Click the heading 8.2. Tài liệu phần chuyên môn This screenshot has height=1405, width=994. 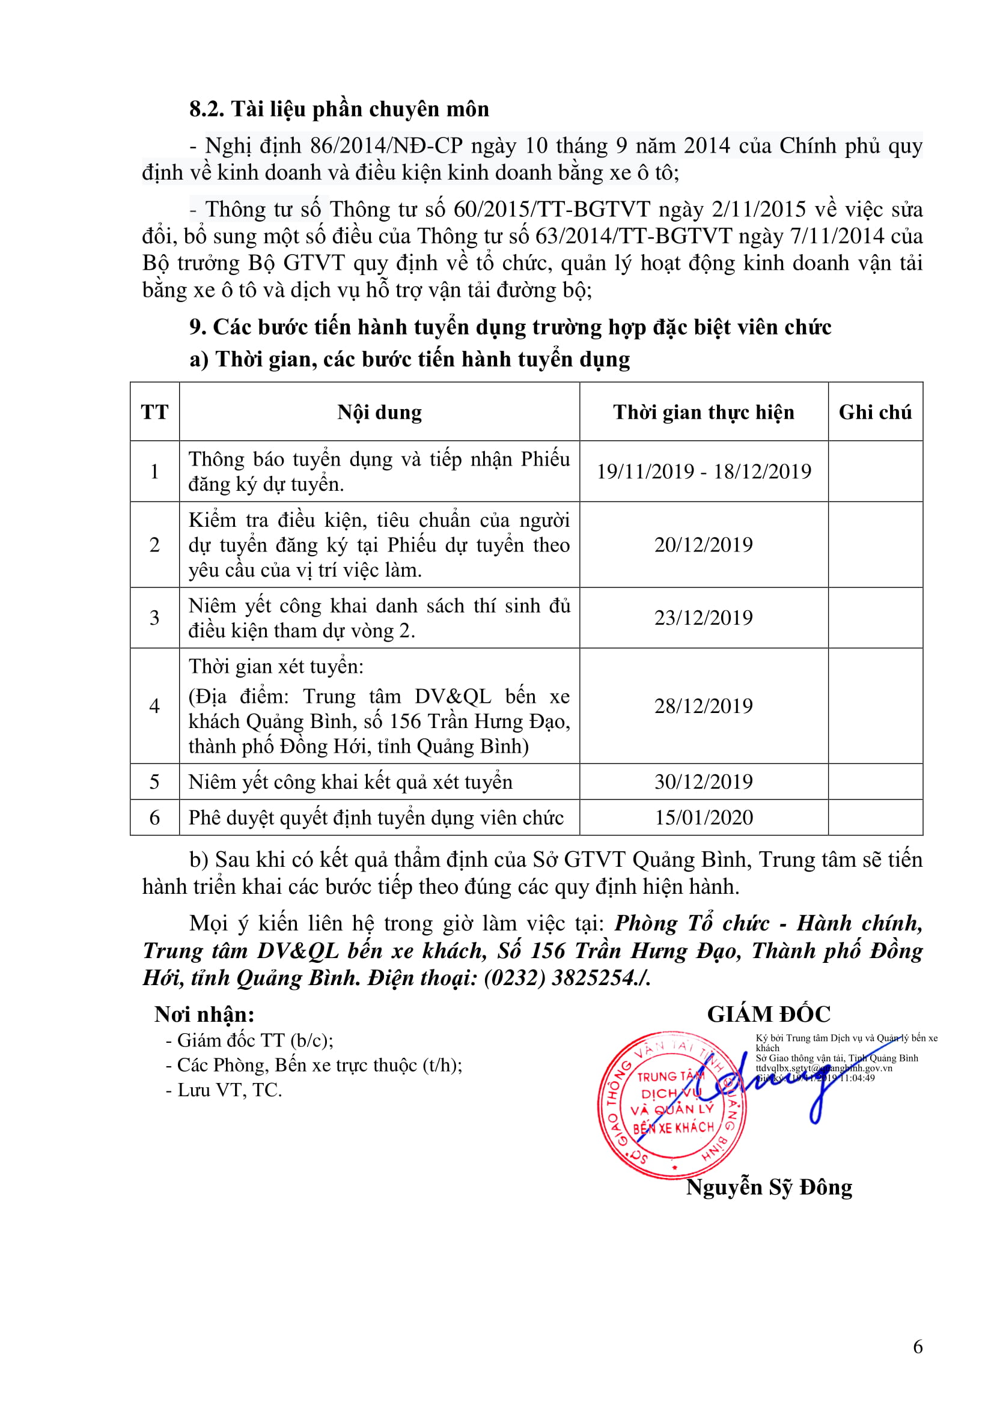click(x=338, y=109)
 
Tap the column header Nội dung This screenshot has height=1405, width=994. click(x=379, y=412)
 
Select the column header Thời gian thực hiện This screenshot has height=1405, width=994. click(x=703, y=412)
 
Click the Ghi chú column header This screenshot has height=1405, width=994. click(x=874, y=412)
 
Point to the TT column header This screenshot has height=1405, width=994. click(x=154, y=412)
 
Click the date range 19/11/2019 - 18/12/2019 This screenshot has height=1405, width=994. click(x=703, y=471)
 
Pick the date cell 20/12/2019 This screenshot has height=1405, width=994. click(x=703, y=545)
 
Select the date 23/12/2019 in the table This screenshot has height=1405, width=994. click(x=703, y=618)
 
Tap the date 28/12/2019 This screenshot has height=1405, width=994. click(x=703, y=706)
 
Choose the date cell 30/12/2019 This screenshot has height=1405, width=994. click(x=703, y=781)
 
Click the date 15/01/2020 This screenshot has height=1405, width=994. click(x=703, y=818)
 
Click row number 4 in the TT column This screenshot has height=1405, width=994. click(x=154, y=706)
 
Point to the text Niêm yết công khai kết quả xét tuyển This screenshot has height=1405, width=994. click(x=350, y=782)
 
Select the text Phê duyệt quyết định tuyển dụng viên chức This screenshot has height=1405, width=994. click(x=376, y=818)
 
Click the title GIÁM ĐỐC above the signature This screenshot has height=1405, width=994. click(x=769, y=1015)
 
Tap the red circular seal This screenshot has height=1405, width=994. click(x=672, y=1105)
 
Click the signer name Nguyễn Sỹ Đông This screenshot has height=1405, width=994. click(x=769, y=1187)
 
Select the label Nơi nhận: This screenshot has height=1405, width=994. click(x=204, y=1015)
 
